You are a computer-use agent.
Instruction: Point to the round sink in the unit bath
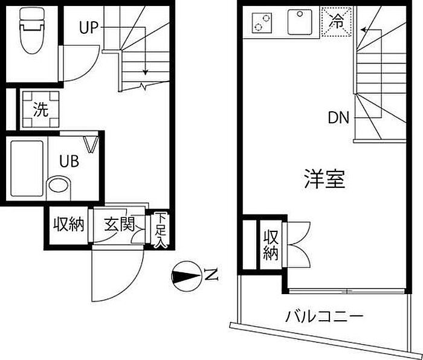click(x=59, y=184)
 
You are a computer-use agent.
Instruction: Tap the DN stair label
click(x=339, y=118)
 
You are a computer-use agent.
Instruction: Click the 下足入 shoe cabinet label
click(x=160, y=230)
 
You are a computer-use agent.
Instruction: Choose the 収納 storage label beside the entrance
click(x=68, y=225)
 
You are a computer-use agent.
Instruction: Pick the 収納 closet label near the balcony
click(x=270, y=244)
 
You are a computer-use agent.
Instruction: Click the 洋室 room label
click(x=324, y=179)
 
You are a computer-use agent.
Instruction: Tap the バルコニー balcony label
click(x=325, y=316)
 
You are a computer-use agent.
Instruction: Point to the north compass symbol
click(x=186, y=277)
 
